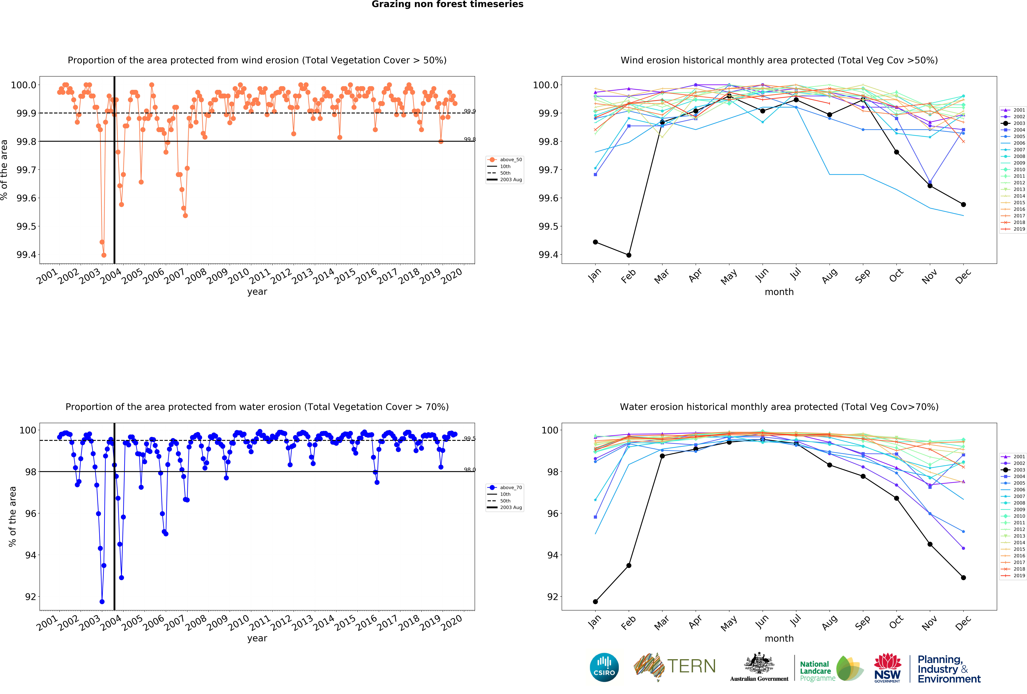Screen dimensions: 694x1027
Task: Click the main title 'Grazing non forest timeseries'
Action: tap(447, 4)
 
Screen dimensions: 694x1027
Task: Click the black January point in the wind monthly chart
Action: tap(595, 242)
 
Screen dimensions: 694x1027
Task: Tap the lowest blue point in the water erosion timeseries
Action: tap(102, 602)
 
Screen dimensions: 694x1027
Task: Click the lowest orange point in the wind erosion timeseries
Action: tap(104, 255)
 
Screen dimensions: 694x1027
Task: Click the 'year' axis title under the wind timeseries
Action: tap(257, 292)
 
